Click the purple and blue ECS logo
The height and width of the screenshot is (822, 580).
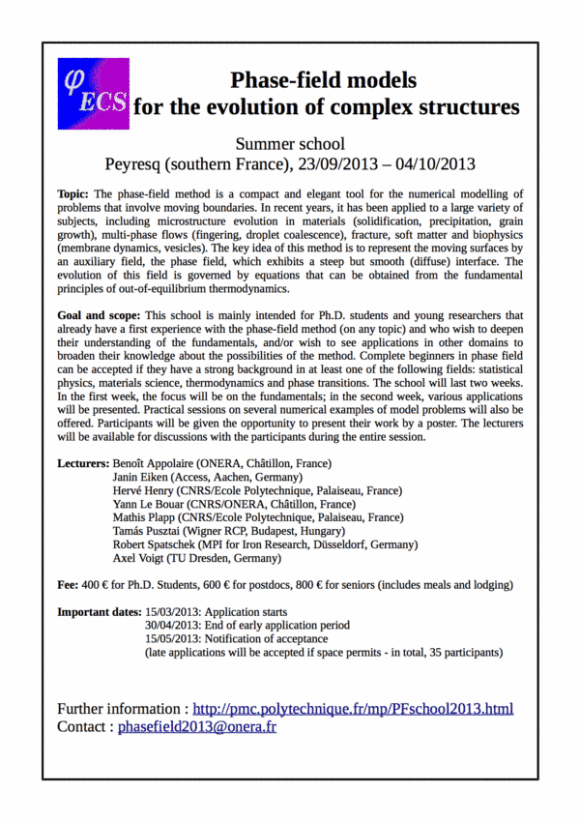(93, 93)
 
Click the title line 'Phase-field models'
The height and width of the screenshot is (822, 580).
(323, 79)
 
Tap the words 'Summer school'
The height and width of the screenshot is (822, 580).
(290, 144)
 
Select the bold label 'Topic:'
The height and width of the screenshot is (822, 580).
(74, 194)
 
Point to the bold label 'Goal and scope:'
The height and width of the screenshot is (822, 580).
(99, 316)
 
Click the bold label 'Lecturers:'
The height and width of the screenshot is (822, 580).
(84, 464)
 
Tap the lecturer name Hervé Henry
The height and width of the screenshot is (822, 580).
(145, 491)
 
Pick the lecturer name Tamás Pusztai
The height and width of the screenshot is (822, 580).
(150, 532)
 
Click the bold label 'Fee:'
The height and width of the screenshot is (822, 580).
(70, 586)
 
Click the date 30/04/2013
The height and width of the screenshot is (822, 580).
(175, 627)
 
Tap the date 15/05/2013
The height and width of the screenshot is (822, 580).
(175, 640)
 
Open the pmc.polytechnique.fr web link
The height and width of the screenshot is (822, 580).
(353, 709)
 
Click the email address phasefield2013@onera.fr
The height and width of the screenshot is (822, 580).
(196, 726)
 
